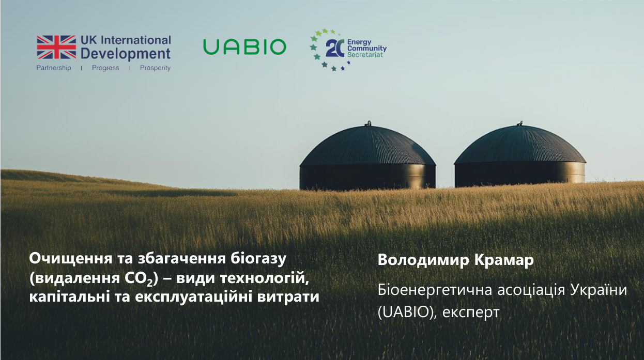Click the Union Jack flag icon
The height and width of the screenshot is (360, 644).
[x=56, y=46]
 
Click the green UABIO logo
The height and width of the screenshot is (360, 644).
[x=244, y=47]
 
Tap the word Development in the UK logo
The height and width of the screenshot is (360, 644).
[x=126, y=53]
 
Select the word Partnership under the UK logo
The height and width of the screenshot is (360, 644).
[x=54, y=68]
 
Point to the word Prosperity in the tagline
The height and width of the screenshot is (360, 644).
[x=155, y=68]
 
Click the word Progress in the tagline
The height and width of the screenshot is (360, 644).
[x=105, y=68]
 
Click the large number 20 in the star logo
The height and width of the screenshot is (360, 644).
[x=335, y=49]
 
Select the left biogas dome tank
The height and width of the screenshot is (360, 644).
[x=367, y=157]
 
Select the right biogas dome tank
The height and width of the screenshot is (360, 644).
[x=519, y=157]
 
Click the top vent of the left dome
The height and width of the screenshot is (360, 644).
[x=368, y=123]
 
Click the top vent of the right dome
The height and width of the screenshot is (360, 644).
[x=519, y=123]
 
